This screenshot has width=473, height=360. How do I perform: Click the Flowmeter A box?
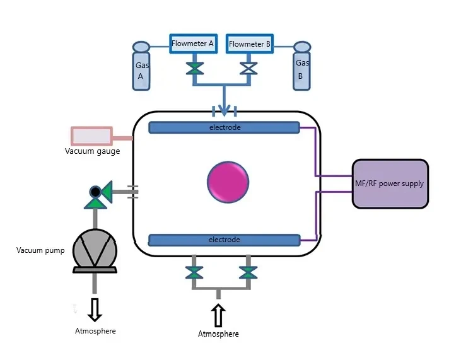[194, 44]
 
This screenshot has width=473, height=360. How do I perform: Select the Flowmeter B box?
[250, 44]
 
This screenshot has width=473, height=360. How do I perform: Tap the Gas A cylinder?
[141, 66]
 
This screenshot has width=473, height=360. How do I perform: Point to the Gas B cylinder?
[301, 66]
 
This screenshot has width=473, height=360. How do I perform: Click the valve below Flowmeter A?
[195, 69]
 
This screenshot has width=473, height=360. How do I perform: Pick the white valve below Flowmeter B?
[248, 69]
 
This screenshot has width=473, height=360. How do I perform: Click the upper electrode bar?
[224, 127]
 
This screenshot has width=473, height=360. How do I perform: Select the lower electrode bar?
[225, 240]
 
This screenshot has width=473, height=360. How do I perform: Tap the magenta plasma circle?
[228, 182]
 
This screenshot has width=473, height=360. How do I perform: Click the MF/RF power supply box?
[390, 183]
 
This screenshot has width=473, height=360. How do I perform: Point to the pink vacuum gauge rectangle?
[91, 136]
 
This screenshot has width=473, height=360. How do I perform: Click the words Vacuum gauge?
[92, 151]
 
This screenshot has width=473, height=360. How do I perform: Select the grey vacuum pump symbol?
[95, 251]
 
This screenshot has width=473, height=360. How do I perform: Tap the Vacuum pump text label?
[40, 250]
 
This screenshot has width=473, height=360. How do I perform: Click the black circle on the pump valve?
[95, 192]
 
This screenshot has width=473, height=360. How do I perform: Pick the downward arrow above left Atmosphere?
[95, 310]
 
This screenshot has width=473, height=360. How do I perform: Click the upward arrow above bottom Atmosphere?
[218, 315]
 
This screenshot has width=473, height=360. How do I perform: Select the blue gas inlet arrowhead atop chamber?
[224, 110]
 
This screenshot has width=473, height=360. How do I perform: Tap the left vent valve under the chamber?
[194, 272]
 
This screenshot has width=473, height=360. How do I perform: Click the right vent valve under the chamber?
[248, 272]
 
